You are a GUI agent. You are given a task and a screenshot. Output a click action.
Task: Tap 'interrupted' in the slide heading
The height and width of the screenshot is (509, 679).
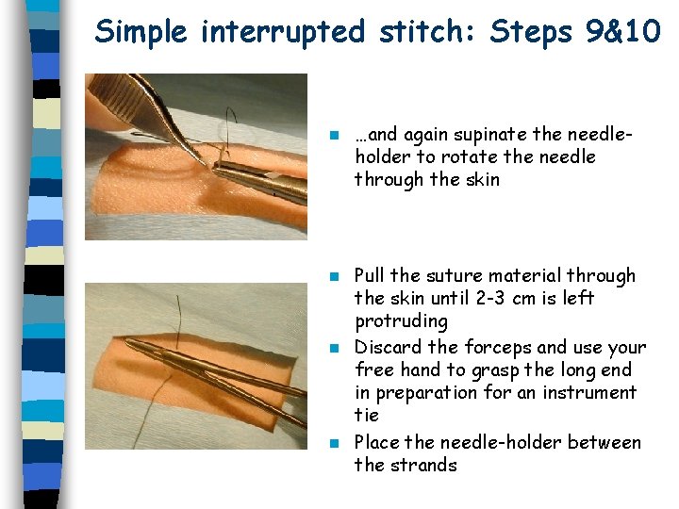(x=282, y=32)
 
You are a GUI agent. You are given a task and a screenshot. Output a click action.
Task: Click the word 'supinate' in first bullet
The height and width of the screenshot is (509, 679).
(x=494, y=134)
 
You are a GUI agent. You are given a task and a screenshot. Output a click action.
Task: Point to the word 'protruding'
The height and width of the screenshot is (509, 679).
(x=401, y=321)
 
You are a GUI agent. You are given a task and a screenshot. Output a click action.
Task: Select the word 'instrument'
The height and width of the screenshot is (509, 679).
(x=589, y=392)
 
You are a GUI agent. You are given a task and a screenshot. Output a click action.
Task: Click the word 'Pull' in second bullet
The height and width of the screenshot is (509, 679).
(x=370, y=276)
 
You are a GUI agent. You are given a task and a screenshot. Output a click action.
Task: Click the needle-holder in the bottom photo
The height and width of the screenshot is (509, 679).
(x=217, y=372)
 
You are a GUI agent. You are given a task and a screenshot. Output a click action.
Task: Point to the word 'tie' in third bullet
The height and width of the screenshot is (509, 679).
(x=366, y=416)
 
